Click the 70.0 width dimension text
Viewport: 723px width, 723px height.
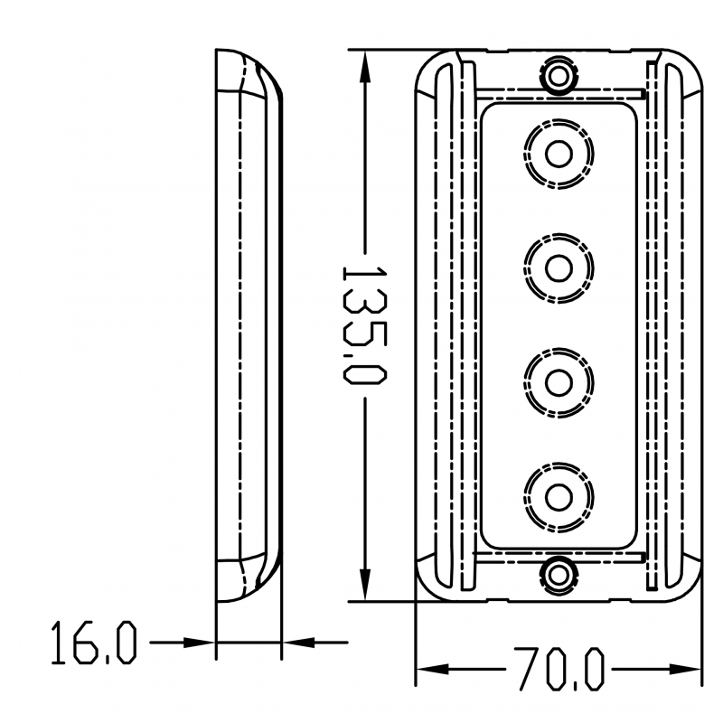559,670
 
